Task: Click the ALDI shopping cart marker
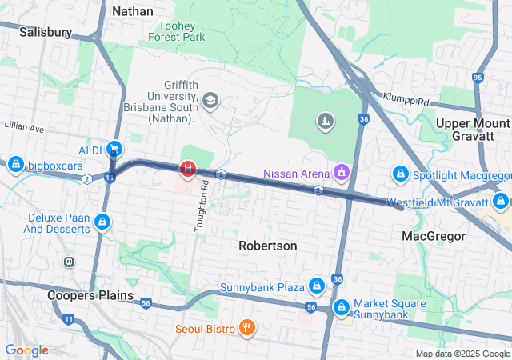click(114, 149)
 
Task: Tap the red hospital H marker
click(189, 169)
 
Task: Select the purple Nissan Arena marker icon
click(342, 172)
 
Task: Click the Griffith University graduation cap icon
click(210, 100)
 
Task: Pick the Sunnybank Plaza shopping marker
click(317, 286)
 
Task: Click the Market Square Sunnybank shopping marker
click(342, 307)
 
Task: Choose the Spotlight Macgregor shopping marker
click(402, 174)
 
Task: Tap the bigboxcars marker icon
click(14, 165)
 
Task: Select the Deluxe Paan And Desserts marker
click(102, 222)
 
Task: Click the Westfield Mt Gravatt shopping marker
click(501, 201)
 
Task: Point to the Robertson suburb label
click(268, 246)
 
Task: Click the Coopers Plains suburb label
click(90, 294)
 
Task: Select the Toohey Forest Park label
click(182, 30)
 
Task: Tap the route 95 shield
click(478, 78)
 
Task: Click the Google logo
click(26, 350)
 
